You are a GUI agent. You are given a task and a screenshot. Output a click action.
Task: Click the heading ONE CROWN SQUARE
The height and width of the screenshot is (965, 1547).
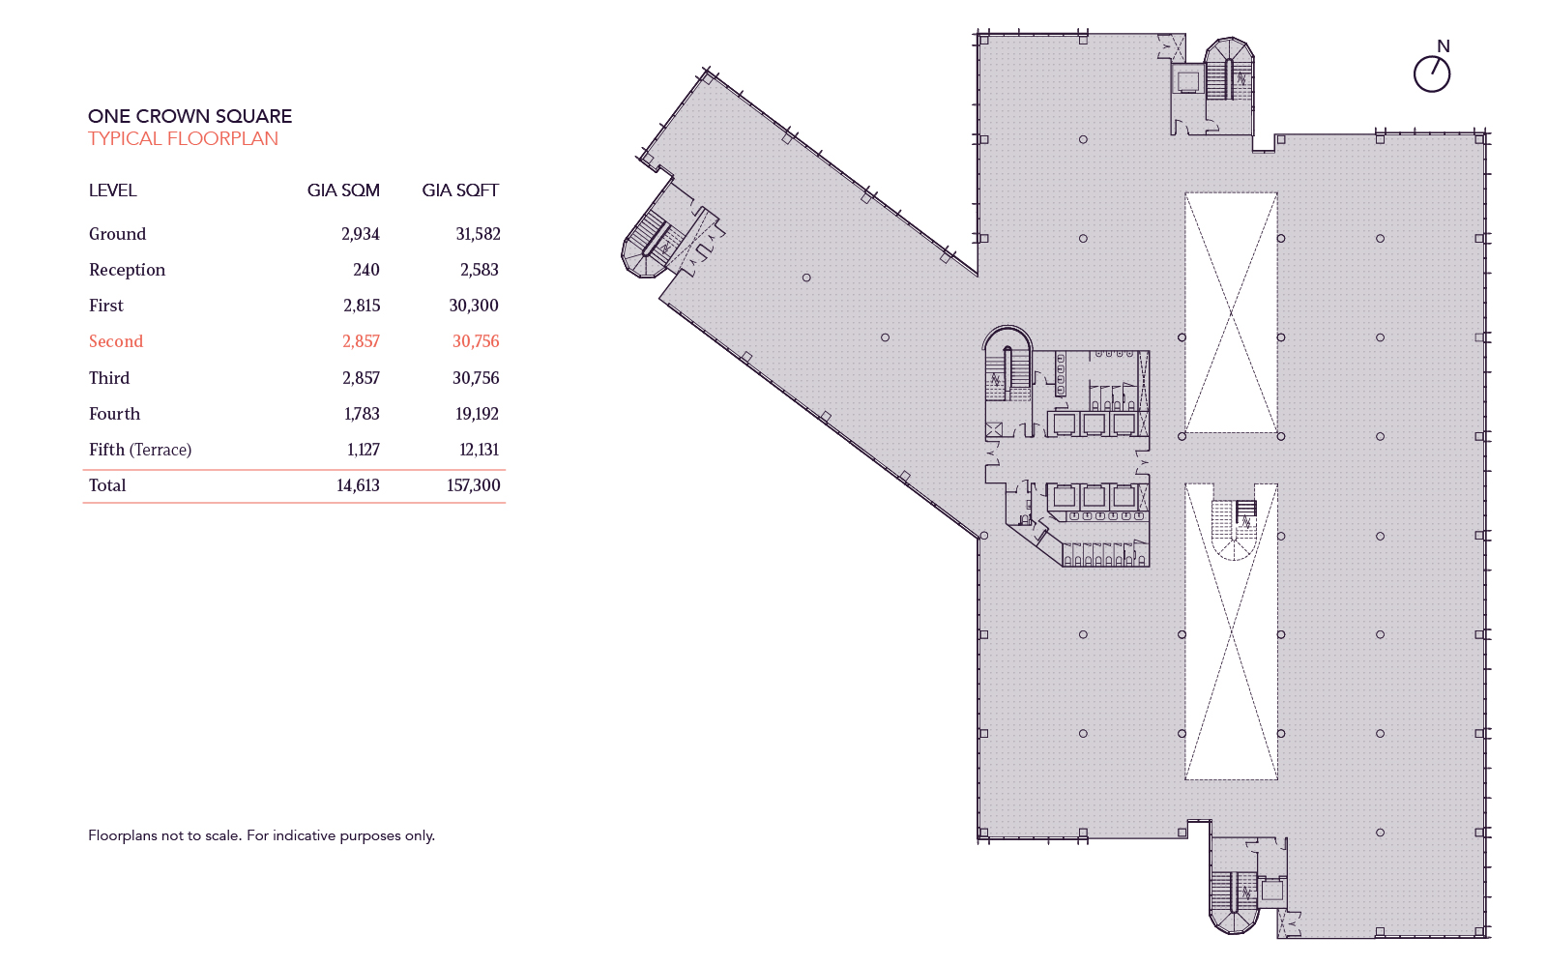pos(190,116)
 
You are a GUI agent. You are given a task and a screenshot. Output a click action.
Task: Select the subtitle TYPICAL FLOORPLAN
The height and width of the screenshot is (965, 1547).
pos(183,138)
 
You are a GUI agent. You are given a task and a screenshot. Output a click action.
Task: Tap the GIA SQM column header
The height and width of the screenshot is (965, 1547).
pos(343,190)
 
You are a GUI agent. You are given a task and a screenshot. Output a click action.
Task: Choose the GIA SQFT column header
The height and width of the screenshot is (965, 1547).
pos(460,190)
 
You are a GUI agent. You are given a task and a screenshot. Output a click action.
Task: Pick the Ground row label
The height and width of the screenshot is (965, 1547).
pos(117,234)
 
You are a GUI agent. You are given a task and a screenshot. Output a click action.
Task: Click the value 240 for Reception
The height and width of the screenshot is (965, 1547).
pos(365,270)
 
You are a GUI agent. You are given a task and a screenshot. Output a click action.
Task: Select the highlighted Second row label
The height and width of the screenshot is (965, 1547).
pos(116,341)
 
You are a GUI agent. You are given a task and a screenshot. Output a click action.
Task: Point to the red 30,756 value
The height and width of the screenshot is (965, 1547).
pos(476,341)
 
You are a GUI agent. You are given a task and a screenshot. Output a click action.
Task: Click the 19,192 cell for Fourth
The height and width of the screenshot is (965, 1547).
pos(477,414)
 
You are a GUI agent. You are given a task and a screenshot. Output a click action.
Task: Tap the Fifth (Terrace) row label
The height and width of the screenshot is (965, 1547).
pos(140,450)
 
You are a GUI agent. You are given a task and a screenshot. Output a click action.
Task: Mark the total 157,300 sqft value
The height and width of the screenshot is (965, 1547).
pos(473,485)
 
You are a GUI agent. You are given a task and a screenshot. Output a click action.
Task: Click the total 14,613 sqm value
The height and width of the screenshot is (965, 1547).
pos(358,485)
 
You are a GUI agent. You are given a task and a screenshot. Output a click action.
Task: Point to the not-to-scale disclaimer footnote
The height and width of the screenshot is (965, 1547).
pos(261,835)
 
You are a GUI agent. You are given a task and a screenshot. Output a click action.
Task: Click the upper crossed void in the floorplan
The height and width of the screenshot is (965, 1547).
pos(1231,312)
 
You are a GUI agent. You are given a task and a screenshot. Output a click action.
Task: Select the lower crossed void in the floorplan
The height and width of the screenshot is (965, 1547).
pos(1231,667)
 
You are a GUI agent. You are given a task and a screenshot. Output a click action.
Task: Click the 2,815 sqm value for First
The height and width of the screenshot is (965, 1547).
pos(362,306)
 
